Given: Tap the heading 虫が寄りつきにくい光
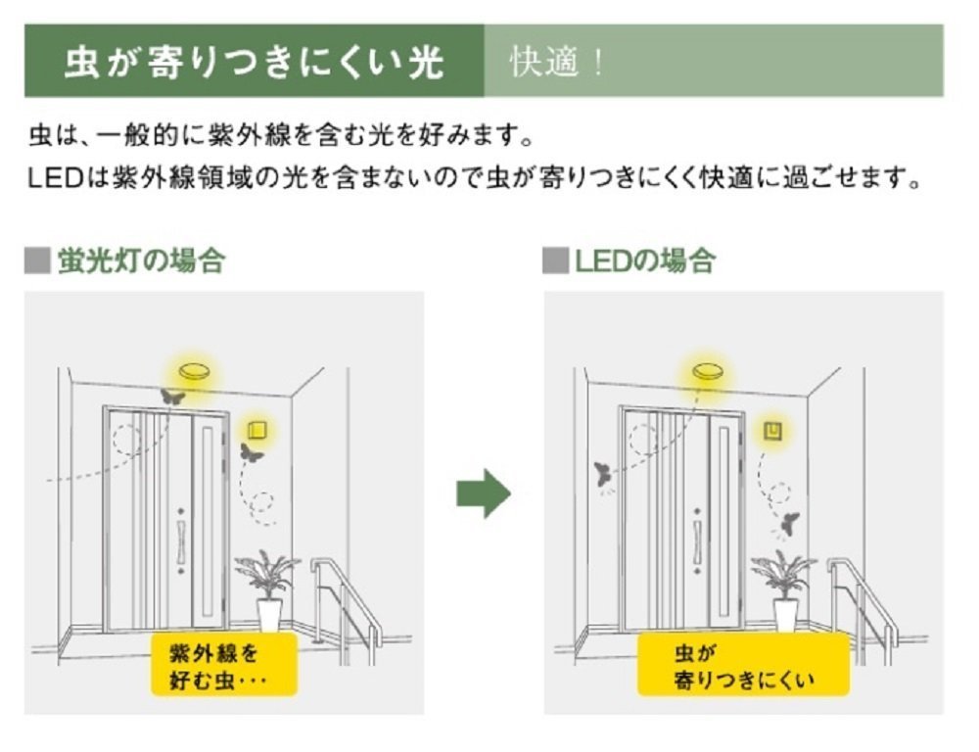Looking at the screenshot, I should (x=254, y=62).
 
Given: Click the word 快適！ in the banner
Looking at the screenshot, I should (x=557, y=62).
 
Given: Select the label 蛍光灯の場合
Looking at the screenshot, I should (x=140, y=261).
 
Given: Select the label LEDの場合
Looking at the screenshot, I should (x=643, y=261).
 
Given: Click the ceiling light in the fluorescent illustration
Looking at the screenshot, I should (x=193, y=372).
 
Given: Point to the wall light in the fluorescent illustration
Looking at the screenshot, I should (x=259, y=428).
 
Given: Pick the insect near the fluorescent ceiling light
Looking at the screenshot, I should (x=172, y=398).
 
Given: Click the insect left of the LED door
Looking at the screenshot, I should (x=602, y=476).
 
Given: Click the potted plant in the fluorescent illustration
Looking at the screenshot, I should (x=266, y=587).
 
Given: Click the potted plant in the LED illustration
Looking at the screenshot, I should (x=783, y=587).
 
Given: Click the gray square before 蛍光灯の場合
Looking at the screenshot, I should (x=36, y=261).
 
